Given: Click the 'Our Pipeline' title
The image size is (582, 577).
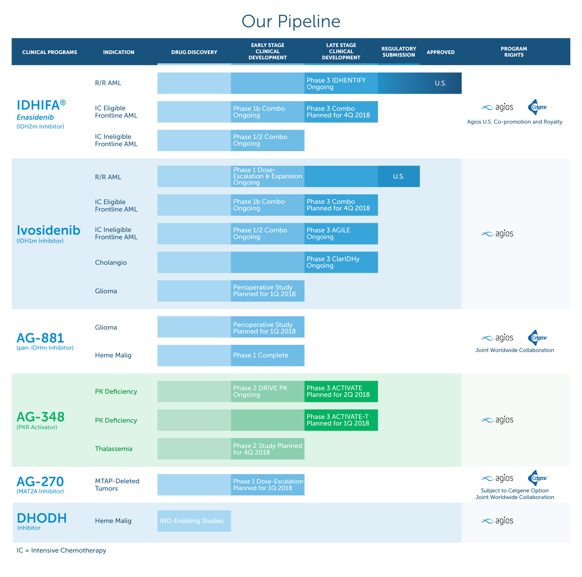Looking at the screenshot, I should (x=291, y=21).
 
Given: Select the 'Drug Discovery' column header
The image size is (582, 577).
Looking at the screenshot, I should (x=194, y=52).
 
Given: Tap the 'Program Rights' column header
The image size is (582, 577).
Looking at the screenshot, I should (x=514, y=52).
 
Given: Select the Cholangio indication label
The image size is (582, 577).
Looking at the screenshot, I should (x=111, y=262).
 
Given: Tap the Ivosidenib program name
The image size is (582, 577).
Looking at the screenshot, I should (x=48, y=230).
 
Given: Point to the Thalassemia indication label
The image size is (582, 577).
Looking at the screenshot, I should (x=114, y=449).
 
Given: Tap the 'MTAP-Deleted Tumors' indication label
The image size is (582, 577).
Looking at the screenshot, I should (x=117, y=485).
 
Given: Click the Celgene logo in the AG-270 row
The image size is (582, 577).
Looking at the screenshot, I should (x=537, y=478).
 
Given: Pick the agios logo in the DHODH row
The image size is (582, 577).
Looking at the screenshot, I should (x=497, y=521).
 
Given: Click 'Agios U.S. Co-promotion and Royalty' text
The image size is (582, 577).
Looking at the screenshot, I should (x=514, y=122).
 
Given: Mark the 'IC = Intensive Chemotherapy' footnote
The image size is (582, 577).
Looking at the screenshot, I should (x=61, y=551).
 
